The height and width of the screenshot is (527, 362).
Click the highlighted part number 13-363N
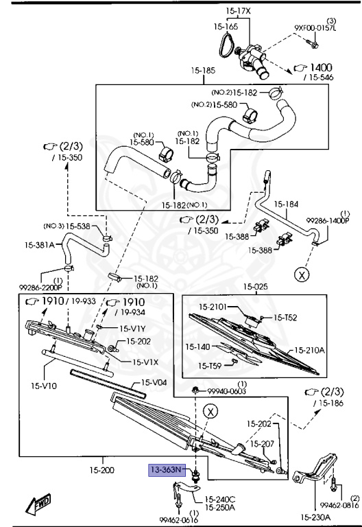167,470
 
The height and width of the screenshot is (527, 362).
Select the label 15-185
203,70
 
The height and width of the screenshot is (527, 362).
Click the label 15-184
287,204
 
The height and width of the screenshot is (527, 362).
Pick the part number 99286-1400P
327,221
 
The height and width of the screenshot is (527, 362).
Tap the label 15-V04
154,382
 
